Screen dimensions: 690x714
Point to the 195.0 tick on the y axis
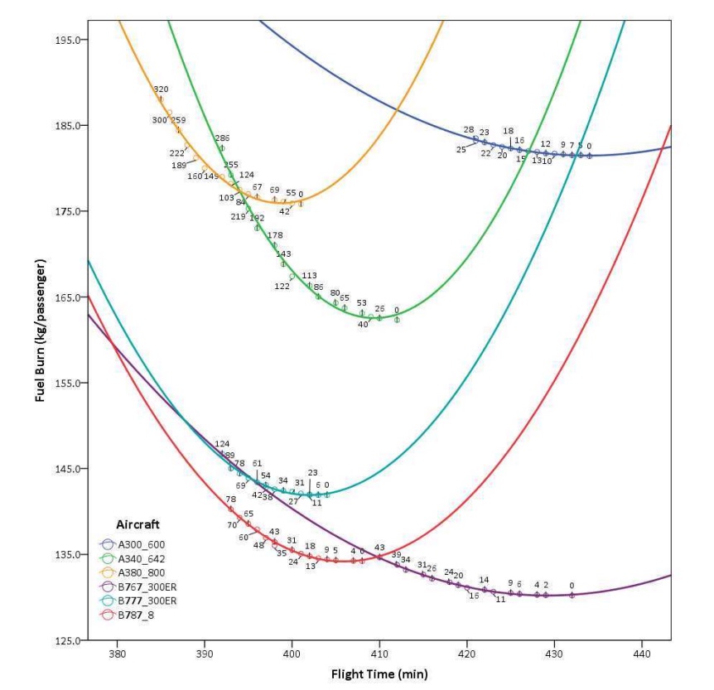click(65, 40)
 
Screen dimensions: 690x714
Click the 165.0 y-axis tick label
click(65, 297)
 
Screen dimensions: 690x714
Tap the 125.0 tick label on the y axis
click(65, 640)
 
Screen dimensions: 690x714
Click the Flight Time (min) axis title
click(379, 673)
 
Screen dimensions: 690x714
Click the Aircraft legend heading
click(136, 525)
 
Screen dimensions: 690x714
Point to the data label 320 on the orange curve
click(161, 89)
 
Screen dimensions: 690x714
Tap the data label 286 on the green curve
click(222, 138)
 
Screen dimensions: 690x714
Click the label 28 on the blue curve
click(469, 130)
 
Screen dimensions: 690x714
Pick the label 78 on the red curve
click(231, 499)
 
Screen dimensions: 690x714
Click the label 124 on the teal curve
click(222, 445)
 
